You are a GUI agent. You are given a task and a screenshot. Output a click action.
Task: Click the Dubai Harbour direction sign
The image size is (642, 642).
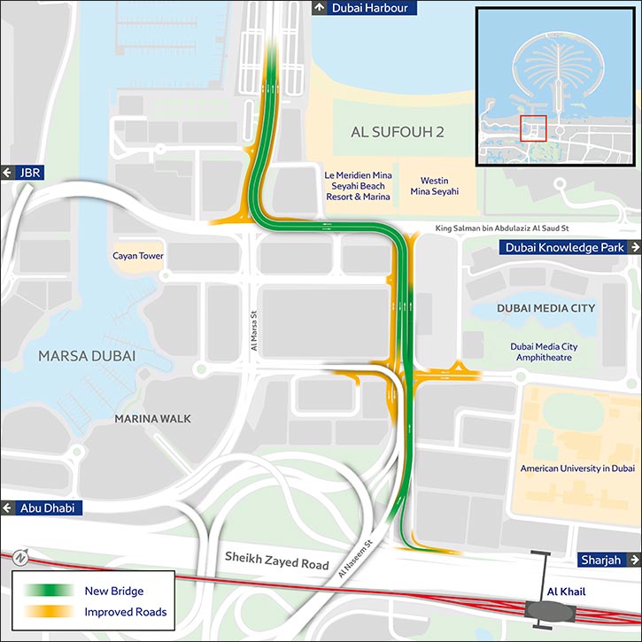359,9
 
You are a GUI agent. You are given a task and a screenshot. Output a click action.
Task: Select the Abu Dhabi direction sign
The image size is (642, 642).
42,508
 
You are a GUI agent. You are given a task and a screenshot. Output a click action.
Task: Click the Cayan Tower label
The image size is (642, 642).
137,257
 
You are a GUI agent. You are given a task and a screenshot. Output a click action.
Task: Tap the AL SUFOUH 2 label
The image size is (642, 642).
384,133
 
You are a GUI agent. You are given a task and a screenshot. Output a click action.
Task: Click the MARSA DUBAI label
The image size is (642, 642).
87,356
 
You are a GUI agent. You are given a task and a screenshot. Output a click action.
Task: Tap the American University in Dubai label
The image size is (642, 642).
577,468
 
